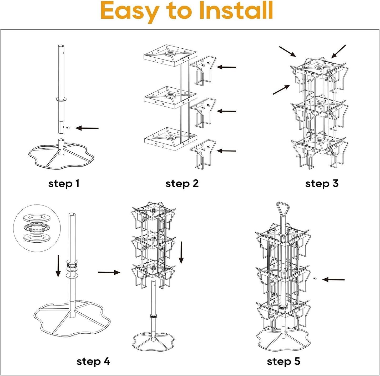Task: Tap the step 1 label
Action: pyautogui.click(x=63, y=183)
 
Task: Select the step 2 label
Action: pyautogui.click(x=182, y=183)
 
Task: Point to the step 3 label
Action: pyautogui.click(x=322, y=183)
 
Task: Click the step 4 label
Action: pyautogui.click(x=93, y=361)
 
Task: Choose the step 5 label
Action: pyautogui.click(x=283, y=361)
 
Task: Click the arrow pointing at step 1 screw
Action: pyautogui.click(x=87, y=128)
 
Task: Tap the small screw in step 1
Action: pyautogui.click(x=68, y=128)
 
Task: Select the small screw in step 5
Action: pyautogui.click(x=315, y=278)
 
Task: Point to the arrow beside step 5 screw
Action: pyautogui.click(x=333, y=279)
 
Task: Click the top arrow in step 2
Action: pyautogui.click(x=226, y=67)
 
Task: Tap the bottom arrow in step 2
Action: pyautogui.click(x=226, y=151)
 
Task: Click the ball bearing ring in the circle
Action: pyautogui.click(x=36, y=228)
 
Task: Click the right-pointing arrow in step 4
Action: pyautogui.click(x=109, y=273)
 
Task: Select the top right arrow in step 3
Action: pyautogui.click(x=338, y=51)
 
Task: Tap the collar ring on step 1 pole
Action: pyautogui.click(x=61, y=99)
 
